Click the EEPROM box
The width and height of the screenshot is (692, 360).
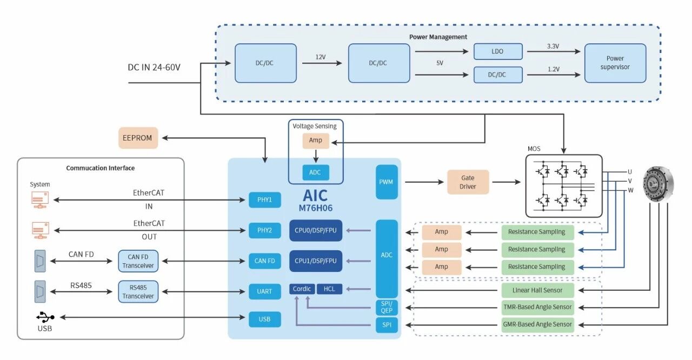[138, 138]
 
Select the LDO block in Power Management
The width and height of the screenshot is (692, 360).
[498, 51]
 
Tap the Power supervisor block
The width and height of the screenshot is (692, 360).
[615, 63]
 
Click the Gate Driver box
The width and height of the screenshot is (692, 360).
[468, 182]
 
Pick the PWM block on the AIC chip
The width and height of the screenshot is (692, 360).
[387, 182]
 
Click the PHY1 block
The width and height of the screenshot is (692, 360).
[265, 200]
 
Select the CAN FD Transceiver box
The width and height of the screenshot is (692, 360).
[138, 261]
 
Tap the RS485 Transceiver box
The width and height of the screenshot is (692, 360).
[138, 292]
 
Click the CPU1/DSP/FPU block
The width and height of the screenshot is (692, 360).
[316, 261]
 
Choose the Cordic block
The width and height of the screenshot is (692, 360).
[302, 289]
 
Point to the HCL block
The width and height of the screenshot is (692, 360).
[329, 289]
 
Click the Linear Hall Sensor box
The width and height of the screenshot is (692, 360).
[537, 290]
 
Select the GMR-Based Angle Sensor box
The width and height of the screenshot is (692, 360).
[537, 324]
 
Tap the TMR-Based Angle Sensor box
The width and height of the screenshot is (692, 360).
[537, 307]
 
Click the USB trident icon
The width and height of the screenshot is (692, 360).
[45, 317]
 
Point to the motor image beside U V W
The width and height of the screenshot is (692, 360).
[658, 184]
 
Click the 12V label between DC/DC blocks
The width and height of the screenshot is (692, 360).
[321, 57]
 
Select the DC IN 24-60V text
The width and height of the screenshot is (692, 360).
[154, 68]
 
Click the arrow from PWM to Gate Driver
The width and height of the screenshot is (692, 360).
[424, 182]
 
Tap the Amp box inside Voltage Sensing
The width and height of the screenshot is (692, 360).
[316, 141]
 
